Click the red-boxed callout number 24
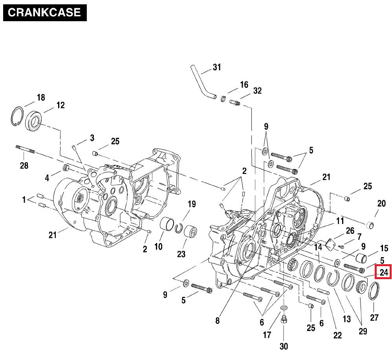click(383, 272)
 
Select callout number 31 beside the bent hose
click(217, 67)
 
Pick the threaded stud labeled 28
click(25, 149)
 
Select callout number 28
click(24, 165)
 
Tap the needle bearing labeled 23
click(190, 230)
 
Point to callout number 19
click(191, 204)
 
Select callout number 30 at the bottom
click(284, 346)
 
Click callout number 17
click(267, 335)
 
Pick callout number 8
click(218, 321)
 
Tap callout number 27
click(374, 318)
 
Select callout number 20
click(381, 203)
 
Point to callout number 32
click(257, 91)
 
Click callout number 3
click(92, 138)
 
